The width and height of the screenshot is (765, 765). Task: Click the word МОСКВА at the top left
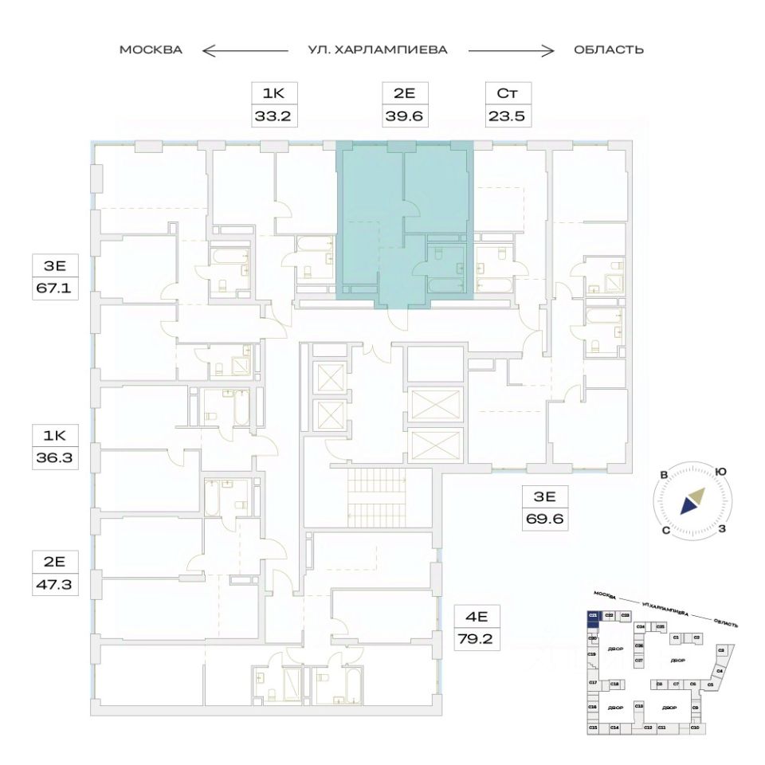[x=151, y=50]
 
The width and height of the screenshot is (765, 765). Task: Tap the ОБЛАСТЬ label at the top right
[x=608, y=50]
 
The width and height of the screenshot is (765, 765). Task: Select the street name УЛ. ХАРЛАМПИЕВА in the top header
[x=378, y=50]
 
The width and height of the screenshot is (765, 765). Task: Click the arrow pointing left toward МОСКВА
[x=243, y=51]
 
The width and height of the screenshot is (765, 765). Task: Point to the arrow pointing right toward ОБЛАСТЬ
[x=511, y=51]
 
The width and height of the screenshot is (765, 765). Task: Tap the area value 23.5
[x=508, y=116]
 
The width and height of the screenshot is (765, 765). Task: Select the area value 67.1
[x=53, y=288]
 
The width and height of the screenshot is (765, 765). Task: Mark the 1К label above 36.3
[x=53, y=436]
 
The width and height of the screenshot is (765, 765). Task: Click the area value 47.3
[x=53, y=583]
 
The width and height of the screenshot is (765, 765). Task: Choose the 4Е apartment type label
[x=476, y=615]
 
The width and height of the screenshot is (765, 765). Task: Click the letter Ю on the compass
[x=720, y=472]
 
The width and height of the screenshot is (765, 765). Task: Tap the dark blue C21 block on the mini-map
[x=593, y=616]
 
